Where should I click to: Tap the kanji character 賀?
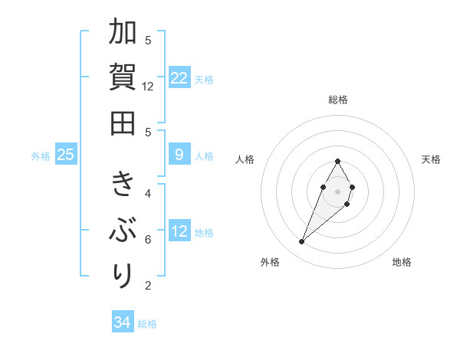(123, 77)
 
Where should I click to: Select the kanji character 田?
(123, 123)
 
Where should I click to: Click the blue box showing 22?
(179, 78)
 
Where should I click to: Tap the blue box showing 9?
(179, 155)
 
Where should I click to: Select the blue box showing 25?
(66, 155)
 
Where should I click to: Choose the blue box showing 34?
(123, 322)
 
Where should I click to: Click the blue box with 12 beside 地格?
(179, 231)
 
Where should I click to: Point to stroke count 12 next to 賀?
(149, 87)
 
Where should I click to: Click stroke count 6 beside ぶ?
(149, 240)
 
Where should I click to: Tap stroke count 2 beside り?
(149, 286)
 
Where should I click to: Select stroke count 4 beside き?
(149, 194)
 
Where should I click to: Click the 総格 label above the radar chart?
(338, 100)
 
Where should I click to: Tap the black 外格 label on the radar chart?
(269, 263)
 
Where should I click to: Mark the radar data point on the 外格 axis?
(302, 242)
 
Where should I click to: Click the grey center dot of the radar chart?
(338, 191)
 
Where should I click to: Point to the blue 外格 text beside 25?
(41, 156)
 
